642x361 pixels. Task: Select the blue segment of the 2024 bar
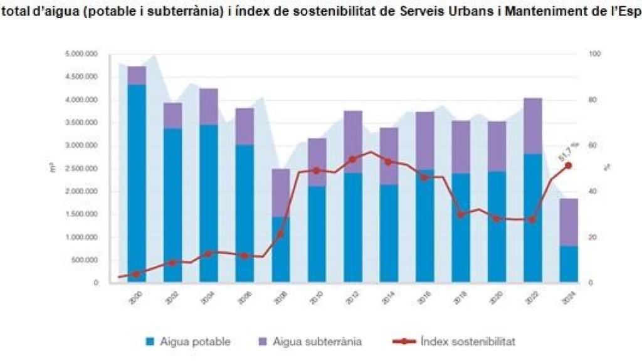coord(569,264)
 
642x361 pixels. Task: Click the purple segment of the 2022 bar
coord(532,126)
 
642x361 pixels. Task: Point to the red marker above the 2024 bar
coord(569,165)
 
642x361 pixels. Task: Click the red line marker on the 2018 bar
coord(461,214)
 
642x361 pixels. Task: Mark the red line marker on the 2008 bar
coord(280,234)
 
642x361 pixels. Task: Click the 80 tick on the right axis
coord(591,100)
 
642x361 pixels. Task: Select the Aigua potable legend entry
coord(187,342)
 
